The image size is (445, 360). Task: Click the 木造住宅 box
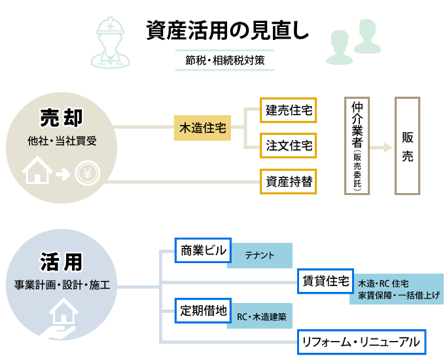(x=203, y=128)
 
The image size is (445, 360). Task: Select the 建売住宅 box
(x=289, y=111)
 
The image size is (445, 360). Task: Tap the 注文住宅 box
(x=289, y=145)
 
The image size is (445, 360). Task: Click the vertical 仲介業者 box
(x=357, y=145)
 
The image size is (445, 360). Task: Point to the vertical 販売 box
(x=407, y=145)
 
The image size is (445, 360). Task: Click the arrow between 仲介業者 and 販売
(x=382, y=145)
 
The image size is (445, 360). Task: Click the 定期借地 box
(x=201, y=310)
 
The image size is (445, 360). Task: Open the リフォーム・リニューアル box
(x=361, y=341)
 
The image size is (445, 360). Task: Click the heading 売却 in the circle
(x=61, y=118)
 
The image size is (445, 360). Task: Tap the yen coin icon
(x=86, y=173)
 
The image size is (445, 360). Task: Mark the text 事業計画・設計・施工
(x=62, y=285)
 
